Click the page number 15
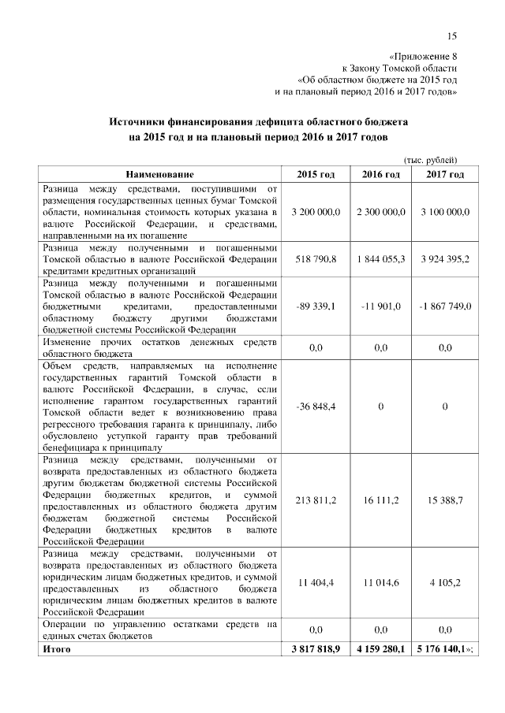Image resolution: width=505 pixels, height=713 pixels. click(452, 35)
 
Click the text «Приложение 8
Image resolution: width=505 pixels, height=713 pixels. click(424, 56)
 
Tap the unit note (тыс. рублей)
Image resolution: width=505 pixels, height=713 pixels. click(431, 158)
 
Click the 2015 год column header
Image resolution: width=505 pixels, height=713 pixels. click(316, 173)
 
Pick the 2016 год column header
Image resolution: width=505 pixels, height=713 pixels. click(380, 173)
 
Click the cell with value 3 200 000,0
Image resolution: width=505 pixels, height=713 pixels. click(316, 212)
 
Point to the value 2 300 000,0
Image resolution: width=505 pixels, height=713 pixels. click(380, 212)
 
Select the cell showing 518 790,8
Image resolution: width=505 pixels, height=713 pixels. click(316, 258)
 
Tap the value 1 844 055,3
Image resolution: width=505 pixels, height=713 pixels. click(380, 258)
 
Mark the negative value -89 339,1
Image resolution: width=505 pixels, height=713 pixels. click(316, 306)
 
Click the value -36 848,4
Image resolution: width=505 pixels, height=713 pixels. click(316, 406)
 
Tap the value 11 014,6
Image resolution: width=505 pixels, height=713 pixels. click(380, 582)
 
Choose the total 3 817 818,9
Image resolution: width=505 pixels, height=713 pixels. click(316, 649)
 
